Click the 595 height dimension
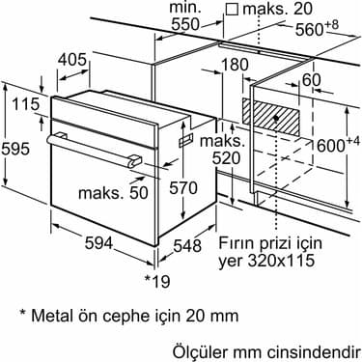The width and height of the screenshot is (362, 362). click(15, 149)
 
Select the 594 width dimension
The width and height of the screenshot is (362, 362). click(98, 243)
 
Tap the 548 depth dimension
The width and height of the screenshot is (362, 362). click(187, 246)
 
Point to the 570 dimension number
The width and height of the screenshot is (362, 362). click(183, 188)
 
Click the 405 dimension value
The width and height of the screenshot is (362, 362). click(72, 60)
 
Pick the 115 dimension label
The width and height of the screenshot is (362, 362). click(26, 104)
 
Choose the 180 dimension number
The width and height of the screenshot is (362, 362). click(235, 65)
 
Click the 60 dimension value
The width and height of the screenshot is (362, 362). click(312, 79)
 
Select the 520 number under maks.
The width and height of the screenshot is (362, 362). click(227, 158)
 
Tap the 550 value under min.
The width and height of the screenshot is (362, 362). click(185, 24)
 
